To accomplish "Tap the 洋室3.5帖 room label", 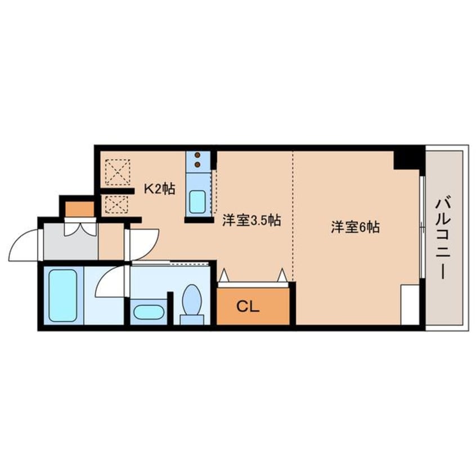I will [x=251, y=220].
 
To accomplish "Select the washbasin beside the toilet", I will [x=149, y=311].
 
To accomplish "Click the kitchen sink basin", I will [x=197, y=201].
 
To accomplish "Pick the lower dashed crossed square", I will [x=118, y=204].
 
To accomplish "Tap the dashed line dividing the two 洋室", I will [x=293, y=214].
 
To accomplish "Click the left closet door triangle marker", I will [x=223, y=275].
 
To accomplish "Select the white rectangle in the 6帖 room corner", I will [x=410, y=304].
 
